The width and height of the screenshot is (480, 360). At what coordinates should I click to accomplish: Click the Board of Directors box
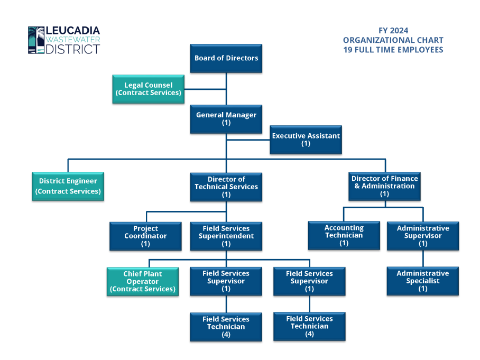pyautogui.click(x=226, y=58)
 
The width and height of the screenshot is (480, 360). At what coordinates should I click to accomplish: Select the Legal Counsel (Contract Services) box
pyautogui.click(x=149, y=89)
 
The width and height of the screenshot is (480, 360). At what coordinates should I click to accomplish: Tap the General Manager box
pyautogui.click(x=226, y=119)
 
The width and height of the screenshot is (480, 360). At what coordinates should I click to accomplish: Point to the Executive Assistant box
pyautogui.click(x=306, y=140)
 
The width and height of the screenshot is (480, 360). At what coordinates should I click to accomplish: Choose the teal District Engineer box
pyautogui.click(x=68, y=186)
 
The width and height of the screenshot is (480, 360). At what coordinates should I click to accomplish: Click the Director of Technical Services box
pyautogui.click(x=226, y=187)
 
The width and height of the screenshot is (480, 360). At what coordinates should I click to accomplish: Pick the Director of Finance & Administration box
pyautogui.click(x=384, y=186)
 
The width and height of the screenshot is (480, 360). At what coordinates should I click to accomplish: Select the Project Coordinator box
pyautogui.click(x=145, y=236)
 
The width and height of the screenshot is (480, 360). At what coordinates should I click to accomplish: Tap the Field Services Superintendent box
pyautogui.click(x=226, y=236)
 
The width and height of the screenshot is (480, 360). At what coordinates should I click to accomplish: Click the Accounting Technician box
pyautogui.click(x=344, y=235)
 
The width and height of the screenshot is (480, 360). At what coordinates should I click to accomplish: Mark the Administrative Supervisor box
pyautogui.click(x=422, y=236)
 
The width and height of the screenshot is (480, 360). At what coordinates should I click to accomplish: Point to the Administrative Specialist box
pyautogui.click(x=422, y=281)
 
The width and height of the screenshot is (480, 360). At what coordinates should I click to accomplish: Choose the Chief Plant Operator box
pyautogui.click(x=143, y=281)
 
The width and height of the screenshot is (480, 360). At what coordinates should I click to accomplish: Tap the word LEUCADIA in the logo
pyautogui.click(x=73, y=31)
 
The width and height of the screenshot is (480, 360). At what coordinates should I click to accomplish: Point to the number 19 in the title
pyautogui.click(x=348, y=50)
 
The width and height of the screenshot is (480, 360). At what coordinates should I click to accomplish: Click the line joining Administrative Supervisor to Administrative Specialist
pyautogui.click(x=422, y=259)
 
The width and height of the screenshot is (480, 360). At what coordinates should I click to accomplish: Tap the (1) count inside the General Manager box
pyautogui.click(x=226, y=123)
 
